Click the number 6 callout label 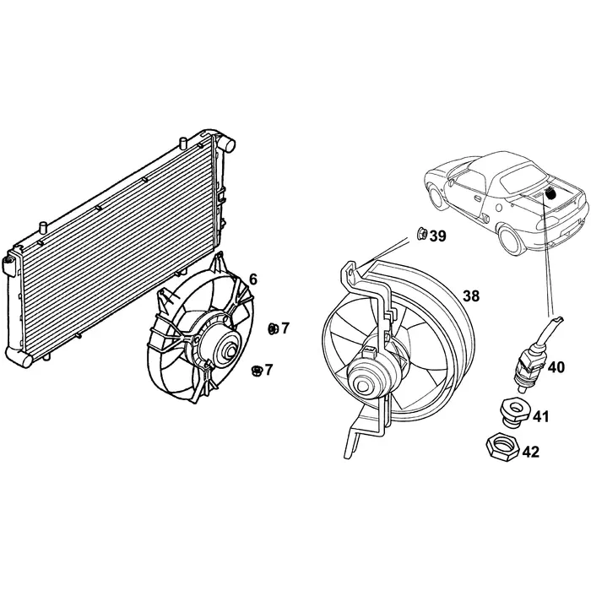click(253, 279)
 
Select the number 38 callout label click(471, 296)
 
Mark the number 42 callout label click(529, 452)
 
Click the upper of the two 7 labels click(285, 328)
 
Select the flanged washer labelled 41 click(512, 411)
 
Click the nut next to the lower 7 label click(256, 369)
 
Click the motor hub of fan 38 click(368, 382)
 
